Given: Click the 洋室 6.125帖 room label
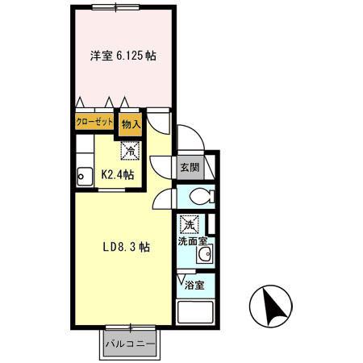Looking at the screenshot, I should pos(123,57).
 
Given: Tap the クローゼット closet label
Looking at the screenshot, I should pos(94,122).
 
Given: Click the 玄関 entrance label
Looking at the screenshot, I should pos(190,168).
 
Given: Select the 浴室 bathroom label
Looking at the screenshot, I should pos(194,284).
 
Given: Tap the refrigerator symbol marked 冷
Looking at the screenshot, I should pos(129,150).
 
